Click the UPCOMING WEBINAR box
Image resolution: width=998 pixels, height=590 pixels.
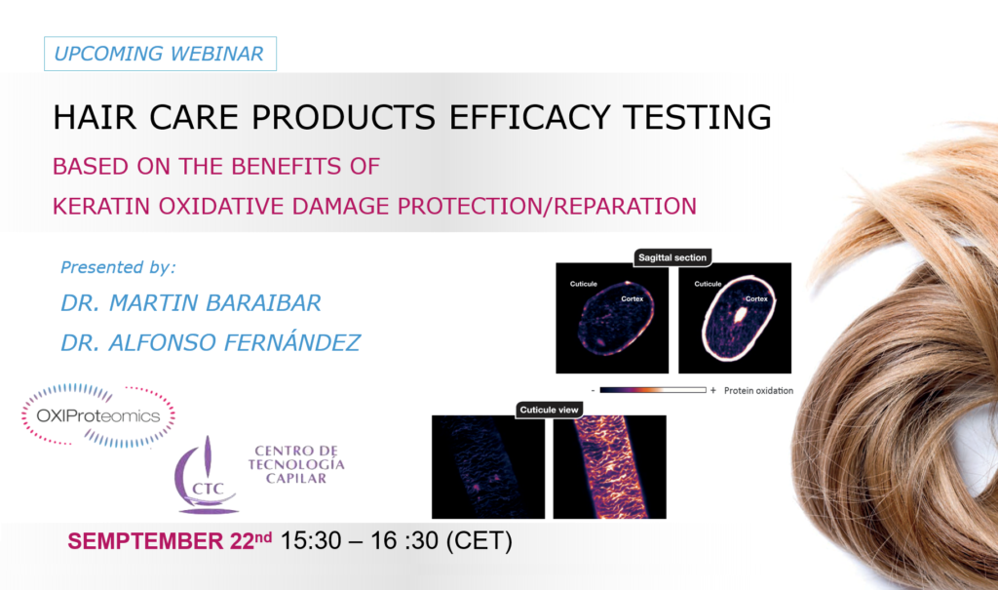pyautogui.click(x=161, y=54)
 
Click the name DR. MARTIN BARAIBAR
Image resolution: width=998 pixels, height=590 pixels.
pyautogui.click(x=191, y=303)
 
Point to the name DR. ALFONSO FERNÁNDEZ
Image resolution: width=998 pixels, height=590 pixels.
pyautogui.click(x=211, y=343)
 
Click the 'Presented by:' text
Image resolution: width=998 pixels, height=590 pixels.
pyautogui.click(x=118, y=267)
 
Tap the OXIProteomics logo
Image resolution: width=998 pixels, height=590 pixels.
pyautogui.click(x=98, y=415)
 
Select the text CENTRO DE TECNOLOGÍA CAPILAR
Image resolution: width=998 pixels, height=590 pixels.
pyautogui.click(x=296, y=464)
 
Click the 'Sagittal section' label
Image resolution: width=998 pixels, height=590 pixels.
pyautogui.click(x=672, y=257)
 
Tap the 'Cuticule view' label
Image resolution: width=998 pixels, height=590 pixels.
pyautogui.click(x=549, y=410)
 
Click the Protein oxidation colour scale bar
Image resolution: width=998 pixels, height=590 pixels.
pyautogui.click(x=653, y=390)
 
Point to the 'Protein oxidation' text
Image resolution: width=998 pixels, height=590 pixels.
pyautogui.click(x=758, y=391)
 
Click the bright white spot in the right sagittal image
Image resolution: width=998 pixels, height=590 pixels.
pyautogui.click(x=740, y=315)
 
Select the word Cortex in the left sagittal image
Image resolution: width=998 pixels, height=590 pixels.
pyautogui.click(x=632, y=298)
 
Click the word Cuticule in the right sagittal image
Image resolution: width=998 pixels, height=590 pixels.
pyautogui.click(x=708, y=284)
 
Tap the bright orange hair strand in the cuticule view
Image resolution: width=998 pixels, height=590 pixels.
pyautogui.click(x=609, y=467)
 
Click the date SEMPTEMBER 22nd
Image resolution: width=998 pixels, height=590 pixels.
pyautogui.click(x=170, y=541)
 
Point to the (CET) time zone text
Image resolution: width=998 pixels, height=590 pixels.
pyautogui.click(x=480, y=541)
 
